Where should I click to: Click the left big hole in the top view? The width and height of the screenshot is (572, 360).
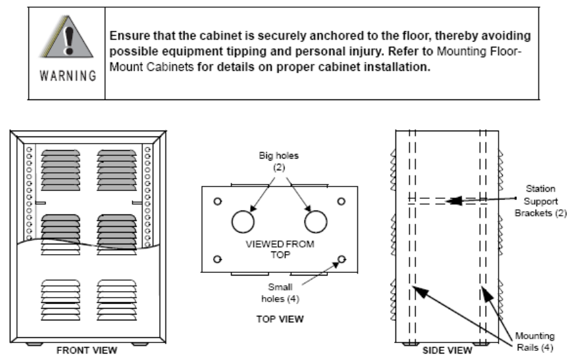(242, 222)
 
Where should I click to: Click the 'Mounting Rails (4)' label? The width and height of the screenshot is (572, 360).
(535, 341)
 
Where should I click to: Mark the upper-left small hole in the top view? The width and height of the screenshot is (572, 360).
(218, 200)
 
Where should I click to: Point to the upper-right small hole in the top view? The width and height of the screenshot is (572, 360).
(341, 200)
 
